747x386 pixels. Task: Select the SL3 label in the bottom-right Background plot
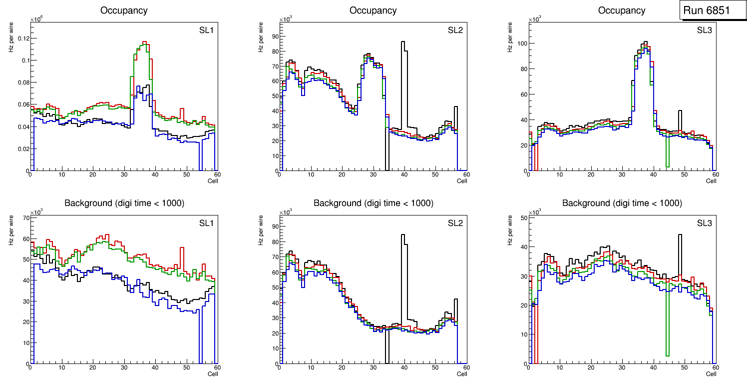pos(704,223)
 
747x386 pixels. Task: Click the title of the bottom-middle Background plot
pos(373,203)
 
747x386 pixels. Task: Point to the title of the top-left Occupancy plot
pos(124,10)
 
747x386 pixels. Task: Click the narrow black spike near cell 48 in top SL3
pos(680,111)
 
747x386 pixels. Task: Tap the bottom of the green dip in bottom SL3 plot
pos(667,355)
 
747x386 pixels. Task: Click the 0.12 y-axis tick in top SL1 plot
pos(23,38)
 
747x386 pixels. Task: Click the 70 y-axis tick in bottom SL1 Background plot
pos(25,217)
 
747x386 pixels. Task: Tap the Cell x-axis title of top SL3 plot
pos(711,181)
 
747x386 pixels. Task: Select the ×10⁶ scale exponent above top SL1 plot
pos(36,19)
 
